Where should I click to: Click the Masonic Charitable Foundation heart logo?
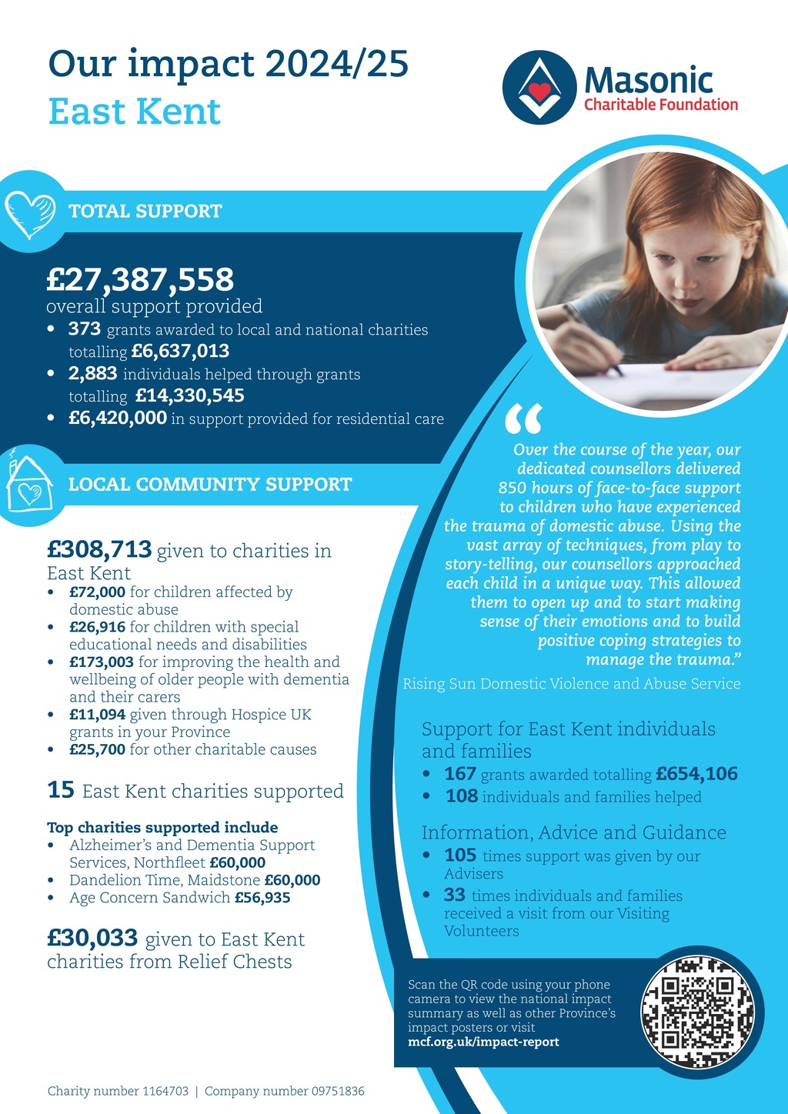click(539, 87)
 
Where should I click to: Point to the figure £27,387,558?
click(140, 279)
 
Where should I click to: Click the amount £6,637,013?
click(180, 352)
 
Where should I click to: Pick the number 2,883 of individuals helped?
click(92, 374)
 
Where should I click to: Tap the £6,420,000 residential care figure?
click(118, 418)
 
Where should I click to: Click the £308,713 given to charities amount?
click(99, 549)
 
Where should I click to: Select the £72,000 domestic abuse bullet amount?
click(97, 592)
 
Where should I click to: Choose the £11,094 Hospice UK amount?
click(97, 715)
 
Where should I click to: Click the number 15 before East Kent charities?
click(61, 790)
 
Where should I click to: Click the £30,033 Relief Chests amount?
click(92, 939)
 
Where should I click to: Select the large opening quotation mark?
click(523, 419)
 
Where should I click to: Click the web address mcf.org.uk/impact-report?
click(483, 1042)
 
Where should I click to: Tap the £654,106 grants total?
click(696, 774)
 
